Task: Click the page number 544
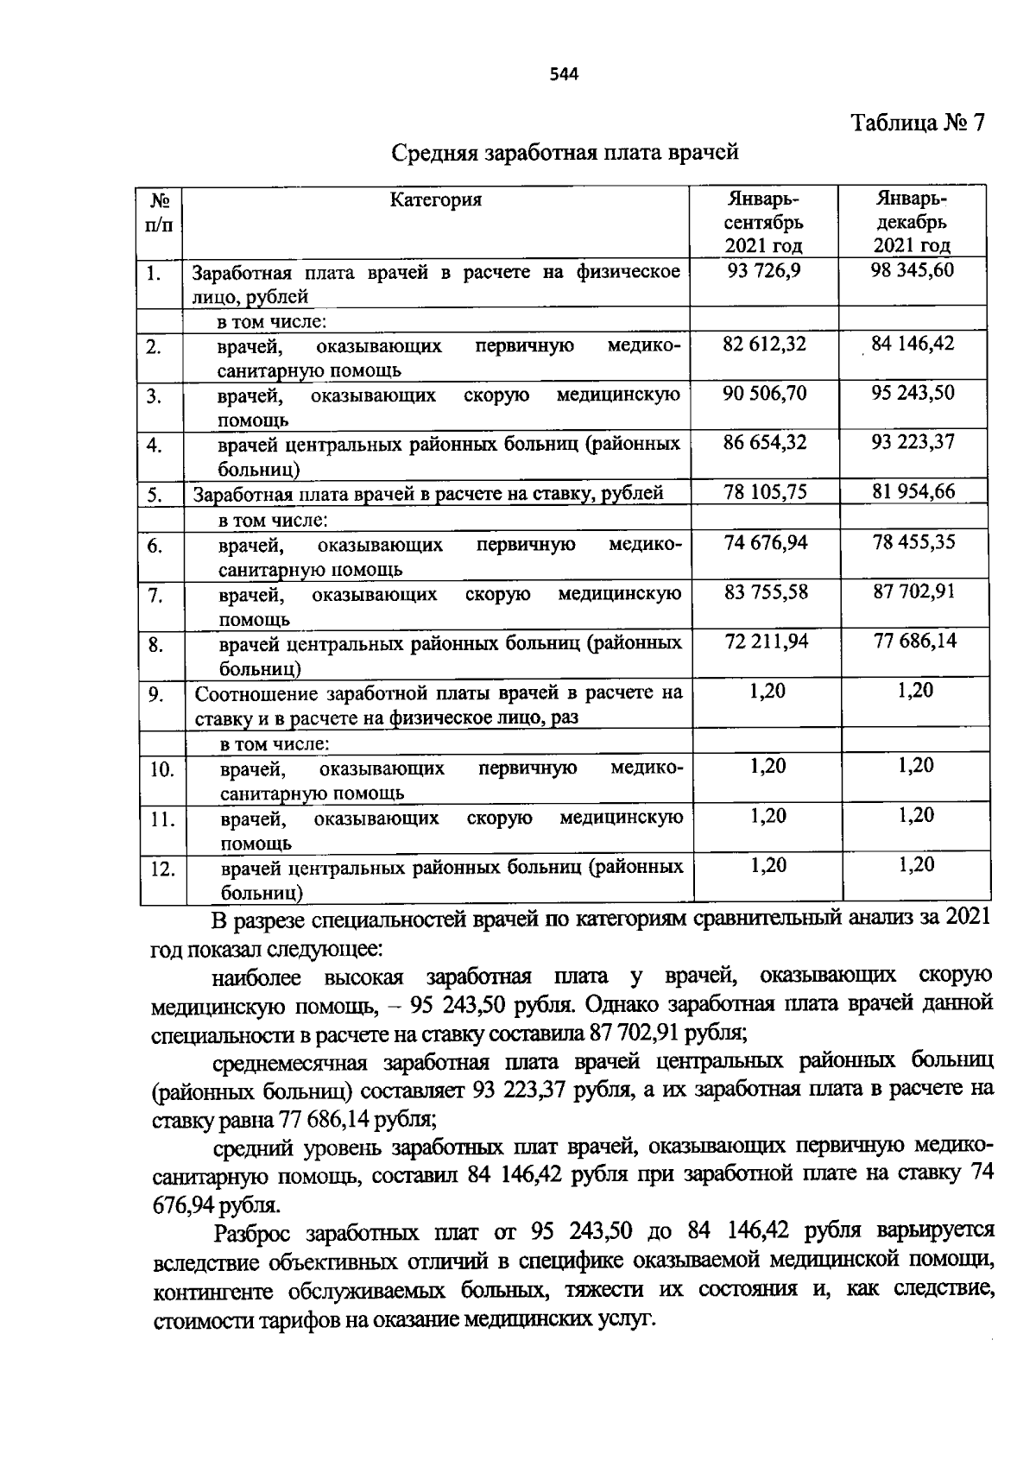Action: click(x=563, y=74)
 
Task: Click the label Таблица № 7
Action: click(x=918, y=123)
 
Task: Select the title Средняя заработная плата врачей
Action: click(x=565, y=153)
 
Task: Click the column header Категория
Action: click(x=436, y=200)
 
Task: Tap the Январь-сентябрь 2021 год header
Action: click(x=763, y=222)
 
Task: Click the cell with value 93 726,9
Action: click(x=764, y=271)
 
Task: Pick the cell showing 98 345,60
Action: click(x=913, y=271)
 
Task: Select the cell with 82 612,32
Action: click(x=764, y=345)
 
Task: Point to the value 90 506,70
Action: click(x=764, y=394)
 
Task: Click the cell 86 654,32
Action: click(x=764, y=443)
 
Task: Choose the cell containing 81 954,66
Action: click(x=913, y=492)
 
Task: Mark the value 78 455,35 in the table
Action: click(x=913, y=542)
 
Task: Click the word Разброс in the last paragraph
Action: click(x=256, y=1231)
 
